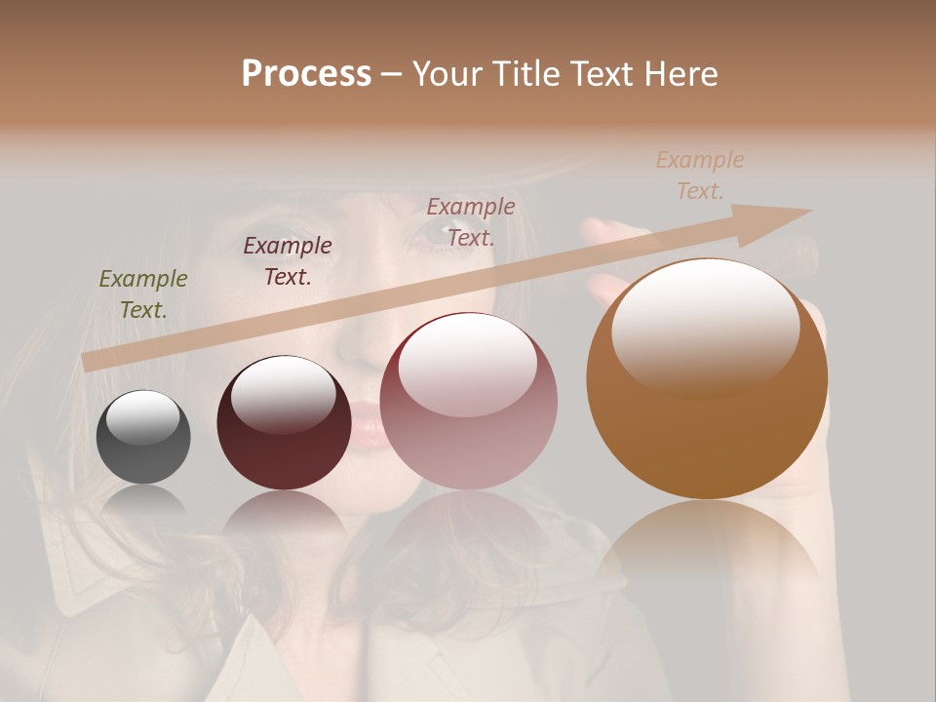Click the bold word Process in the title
[306, 74]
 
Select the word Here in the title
[682, 74]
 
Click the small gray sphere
[143, 437]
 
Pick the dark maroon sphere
[284, 423]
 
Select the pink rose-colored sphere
[468, 402]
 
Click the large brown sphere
[707, 380]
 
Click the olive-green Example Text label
[143, 294]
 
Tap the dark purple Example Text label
[288, 261]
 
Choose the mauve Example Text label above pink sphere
[471, 221]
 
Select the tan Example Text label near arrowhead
[700, 175]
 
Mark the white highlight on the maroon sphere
[283, 394]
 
